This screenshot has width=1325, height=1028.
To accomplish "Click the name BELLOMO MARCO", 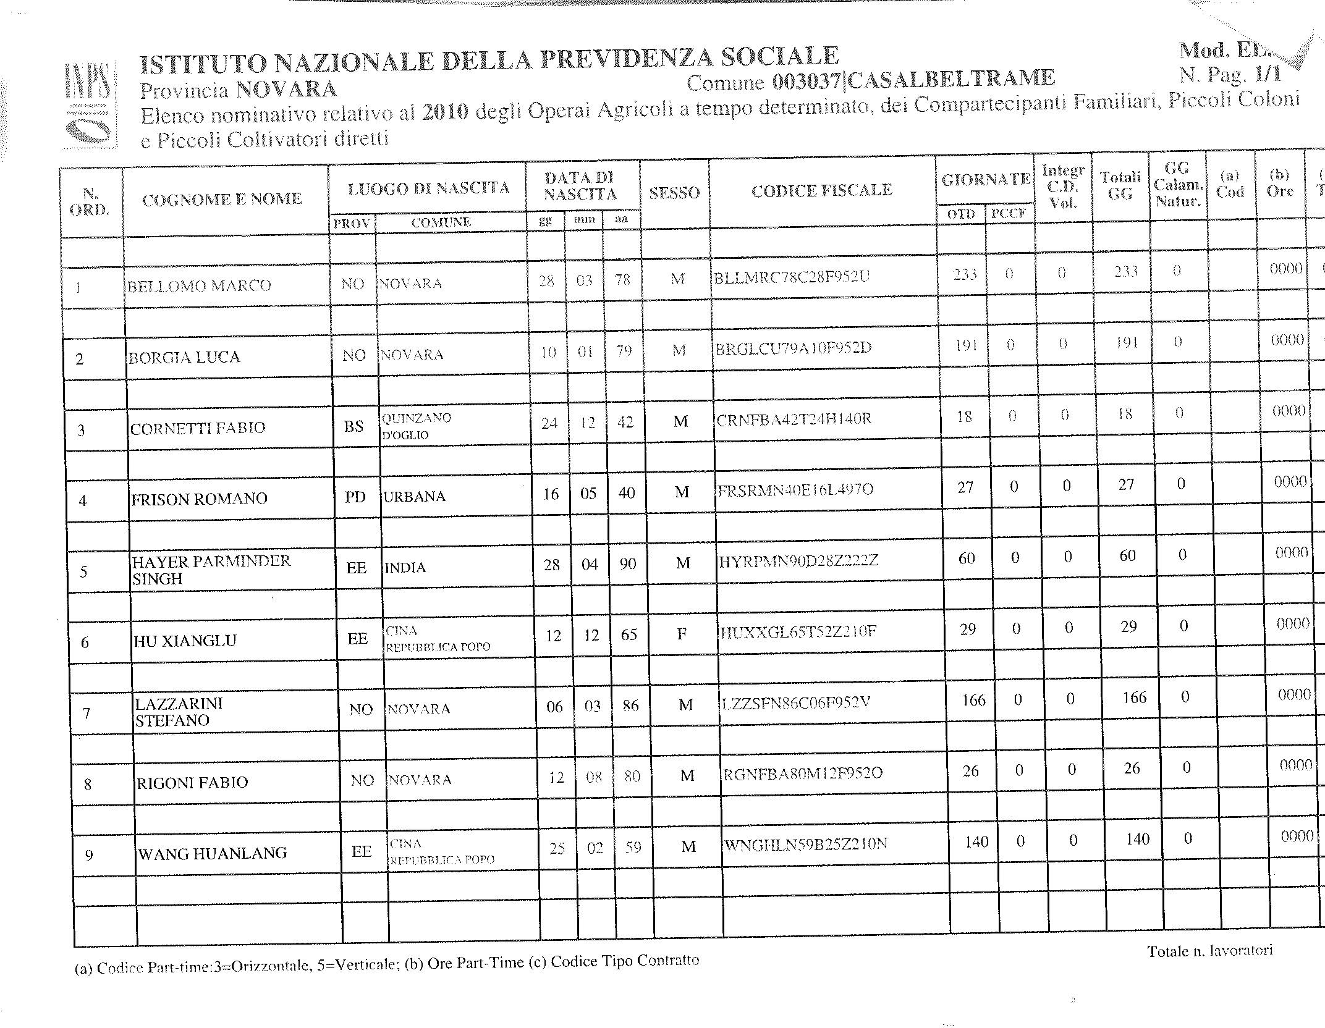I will (x=199, y=285).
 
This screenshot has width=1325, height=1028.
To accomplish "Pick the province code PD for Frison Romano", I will (x=355, y=497).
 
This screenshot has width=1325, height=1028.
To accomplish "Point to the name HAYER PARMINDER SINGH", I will (x=211, y=570).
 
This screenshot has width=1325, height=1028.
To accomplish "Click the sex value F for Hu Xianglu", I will (x=682, y=634).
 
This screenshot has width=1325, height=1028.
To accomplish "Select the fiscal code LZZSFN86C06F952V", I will (x=796, y=702).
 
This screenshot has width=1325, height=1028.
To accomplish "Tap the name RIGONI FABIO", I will (x=192, y=783).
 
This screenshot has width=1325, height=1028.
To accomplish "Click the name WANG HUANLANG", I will (x=213, y=854).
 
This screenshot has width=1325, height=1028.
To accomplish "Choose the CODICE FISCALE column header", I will (x=821, y=190).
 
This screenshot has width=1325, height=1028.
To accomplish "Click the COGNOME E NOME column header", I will (x=222, y=199).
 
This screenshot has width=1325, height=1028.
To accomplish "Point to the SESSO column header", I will (x=674, y=193).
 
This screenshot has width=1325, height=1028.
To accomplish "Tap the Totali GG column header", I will (x=1120, y=185).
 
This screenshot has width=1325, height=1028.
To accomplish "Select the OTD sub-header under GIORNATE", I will (x=961, y=214).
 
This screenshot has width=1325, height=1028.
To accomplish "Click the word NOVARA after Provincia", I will (x=287, y=90).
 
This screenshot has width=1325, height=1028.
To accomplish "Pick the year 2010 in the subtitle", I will (x=446, y=112).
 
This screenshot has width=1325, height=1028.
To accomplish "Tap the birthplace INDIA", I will (x=405, y=568).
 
